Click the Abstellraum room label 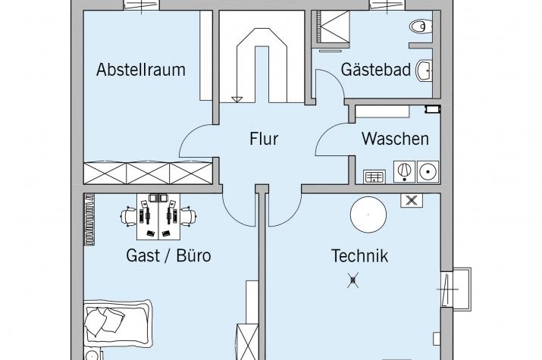click(x=141, y=70)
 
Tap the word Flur click(x=264, y=139)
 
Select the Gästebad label click(x=376, y=70)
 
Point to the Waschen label click(x=395, y=139)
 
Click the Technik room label click(x=359, y=255)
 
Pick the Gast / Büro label click(x=168, y=255)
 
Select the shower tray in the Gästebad click(x=331, y=30)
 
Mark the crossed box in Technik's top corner click(x=411, y=201)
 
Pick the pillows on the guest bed click(x=103, y=321)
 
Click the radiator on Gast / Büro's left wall click(x=91, y=219)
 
